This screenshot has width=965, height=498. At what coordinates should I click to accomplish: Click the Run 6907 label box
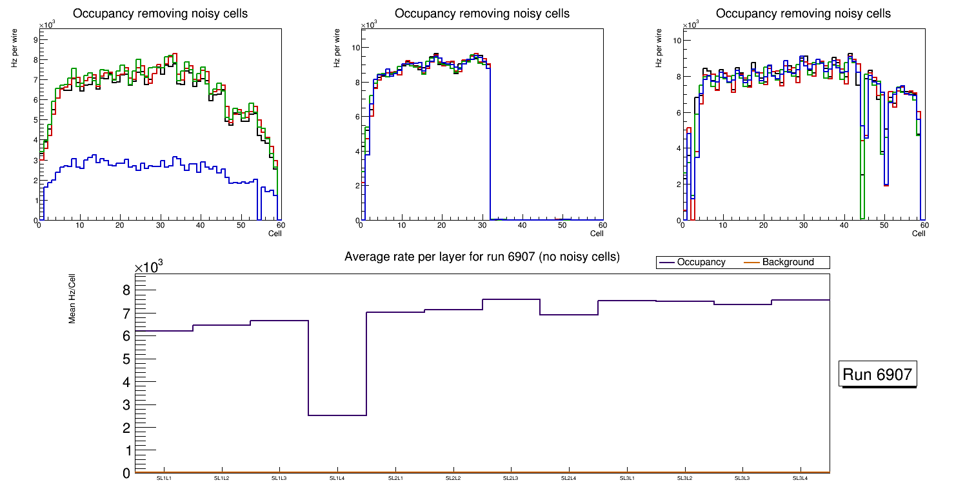tap(877, 375)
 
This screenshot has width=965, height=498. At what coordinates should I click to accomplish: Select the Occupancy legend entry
tap(701, 263)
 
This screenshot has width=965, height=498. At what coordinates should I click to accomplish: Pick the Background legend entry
tap(788, 263)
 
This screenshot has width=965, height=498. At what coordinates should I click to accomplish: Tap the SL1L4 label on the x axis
tap(337, 478)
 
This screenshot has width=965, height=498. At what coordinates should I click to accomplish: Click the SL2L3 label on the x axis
tap(511, 478)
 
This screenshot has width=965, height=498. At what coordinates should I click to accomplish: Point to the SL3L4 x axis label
tap(801, 478)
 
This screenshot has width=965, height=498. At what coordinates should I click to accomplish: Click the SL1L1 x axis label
tap(164, 478)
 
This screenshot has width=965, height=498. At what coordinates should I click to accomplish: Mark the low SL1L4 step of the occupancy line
tap(337, 415)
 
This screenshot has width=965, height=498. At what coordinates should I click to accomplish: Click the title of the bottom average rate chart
tap(482, 257)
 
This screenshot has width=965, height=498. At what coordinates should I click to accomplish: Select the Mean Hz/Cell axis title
tap(73, 301)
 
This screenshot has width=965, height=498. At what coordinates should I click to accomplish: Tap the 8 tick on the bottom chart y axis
tap(126, 290)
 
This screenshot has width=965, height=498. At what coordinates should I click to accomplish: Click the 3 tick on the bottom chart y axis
tap(126, 405)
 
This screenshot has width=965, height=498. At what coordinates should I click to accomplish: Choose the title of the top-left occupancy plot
tap(160, 14)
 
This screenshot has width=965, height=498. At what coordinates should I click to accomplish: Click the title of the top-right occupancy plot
tap(803, 14)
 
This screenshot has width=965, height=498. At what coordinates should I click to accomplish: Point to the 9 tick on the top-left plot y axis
tap(35, 39)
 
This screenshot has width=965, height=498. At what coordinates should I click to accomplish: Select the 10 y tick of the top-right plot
tap(677, 41)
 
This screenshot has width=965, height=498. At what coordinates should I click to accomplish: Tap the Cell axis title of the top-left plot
tap(275, 233)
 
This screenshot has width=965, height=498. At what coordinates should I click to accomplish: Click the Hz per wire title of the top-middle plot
tap(337, 52)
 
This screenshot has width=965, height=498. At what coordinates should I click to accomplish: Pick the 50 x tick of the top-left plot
tap(240, 225)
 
